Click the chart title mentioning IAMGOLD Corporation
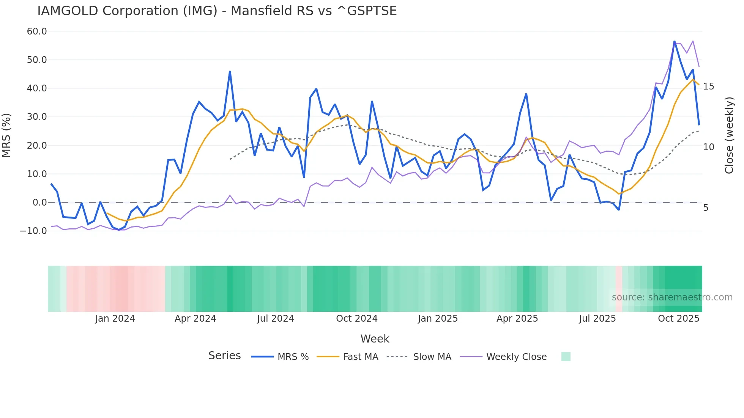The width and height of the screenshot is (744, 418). coord(217,11)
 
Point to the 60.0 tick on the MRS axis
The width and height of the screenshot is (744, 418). coord(37,31)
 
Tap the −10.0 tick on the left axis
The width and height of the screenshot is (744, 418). coord(33,231)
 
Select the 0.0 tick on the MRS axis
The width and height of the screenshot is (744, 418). coord(39,203)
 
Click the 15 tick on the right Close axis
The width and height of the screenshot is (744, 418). coord(708,86)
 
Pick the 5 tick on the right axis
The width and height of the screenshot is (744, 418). coord(706,208)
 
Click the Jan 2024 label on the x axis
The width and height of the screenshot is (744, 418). coord(115,319)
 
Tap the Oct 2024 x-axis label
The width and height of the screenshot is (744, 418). coord(356,319)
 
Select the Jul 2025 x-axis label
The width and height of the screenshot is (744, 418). coord(597,319)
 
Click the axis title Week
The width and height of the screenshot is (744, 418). coord(375,339)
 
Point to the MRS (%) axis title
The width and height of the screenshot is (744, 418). coord(6,135)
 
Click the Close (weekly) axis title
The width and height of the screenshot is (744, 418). coord(729,135)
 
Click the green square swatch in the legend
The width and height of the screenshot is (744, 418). coord(566,357)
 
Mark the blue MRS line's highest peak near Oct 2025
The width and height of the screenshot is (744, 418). coord(674,41)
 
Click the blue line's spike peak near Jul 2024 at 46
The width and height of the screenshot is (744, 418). coord(230,71)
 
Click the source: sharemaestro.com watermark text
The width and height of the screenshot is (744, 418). coord(672,297)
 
